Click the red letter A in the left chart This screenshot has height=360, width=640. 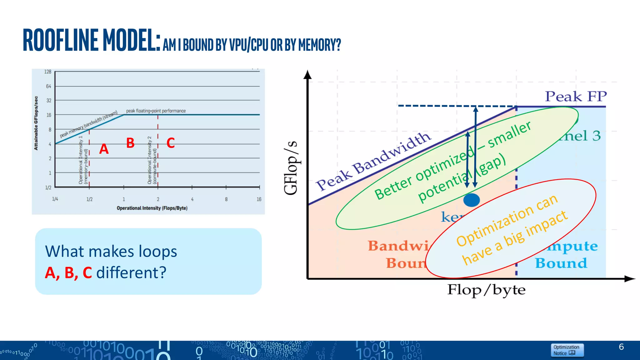pos(104,149)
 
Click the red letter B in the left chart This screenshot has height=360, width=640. pos(130,143)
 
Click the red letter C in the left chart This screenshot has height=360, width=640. pos(170,143)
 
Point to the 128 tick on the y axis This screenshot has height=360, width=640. pos(47,72)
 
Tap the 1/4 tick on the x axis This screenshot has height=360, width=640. pos(55,199)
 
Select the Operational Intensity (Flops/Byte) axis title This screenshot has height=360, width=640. pos(152,208)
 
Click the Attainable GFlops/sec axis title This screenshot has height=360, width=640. pos(36,123)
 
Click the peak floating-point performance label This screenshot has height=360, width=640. pos(156,111)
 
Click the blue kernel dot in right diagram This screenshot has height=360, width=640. pos(471,200)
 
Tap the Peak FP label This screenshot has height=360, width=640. pos(576,96)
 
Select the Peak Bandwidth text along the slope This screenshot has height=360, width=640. pos(373,161)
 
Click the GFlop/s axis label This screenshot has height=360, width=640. pos(291,168)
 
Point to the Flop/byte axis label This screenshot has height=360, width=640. pos(486,290)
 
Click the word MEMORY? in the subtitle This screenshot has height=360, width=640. pos(319,45)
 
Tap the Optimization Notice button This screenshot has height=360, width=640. pos(566,350)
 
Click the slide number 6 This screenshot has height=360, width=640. pos(621,347)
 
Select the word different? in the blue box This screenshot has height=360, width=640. pos(131,273)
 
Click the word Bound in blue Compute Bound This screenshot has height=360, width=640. pos(561,263)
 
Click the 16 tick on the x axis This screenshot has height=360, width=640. pos(259,199)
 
